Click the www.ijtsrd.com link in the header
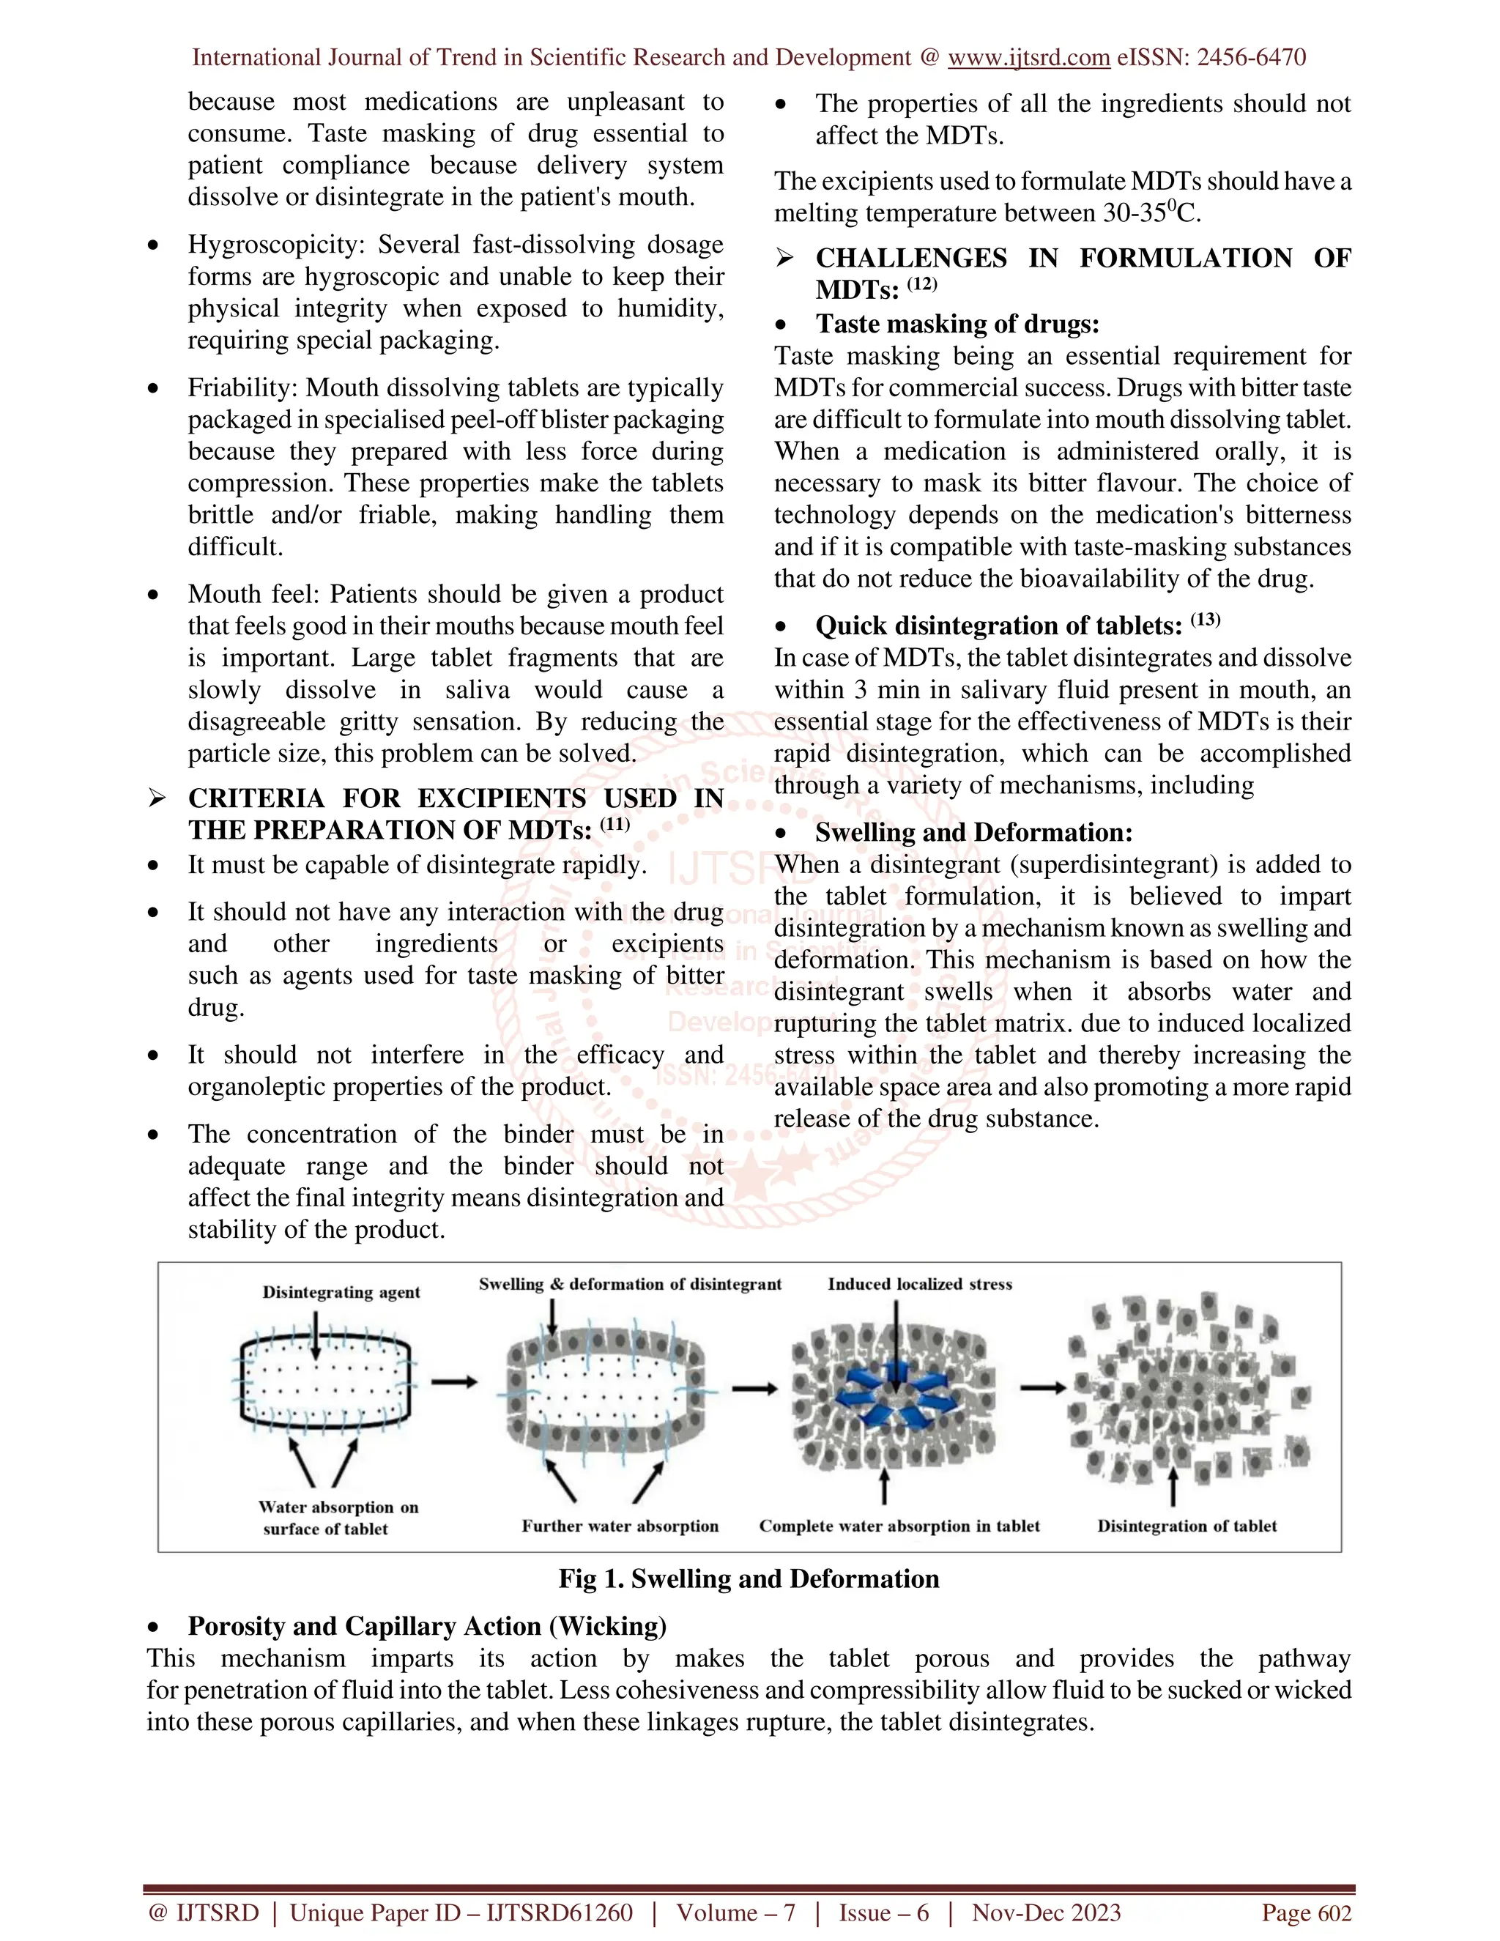tap(1028, 58)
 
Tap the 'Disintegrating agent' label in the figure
tap(341, 1292)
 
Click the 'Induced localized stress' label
tap(920, 1284)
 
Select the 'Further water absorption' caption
tap(620, 1526)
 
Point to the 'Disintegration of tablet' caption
tap(1187, 1526)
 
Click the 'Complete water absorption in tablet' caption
tap(899, 1526)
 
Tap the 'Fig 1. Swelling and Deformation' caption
tap(749, 1578)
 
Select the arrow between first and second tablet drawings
tap(454, 1382)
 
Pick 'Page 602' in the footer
tap(1307, 1912)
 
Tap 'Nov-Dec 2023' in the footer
tap(1046, 1912)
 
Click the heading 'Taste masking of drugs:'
tap(957, 324)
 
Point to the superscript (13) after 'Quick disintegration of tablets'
tap(1205, 620)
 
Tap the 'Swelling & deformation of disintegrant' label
tap(629, 1284)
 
